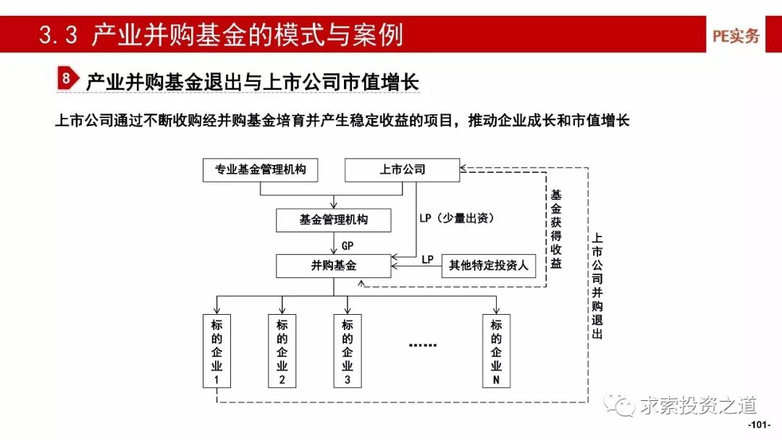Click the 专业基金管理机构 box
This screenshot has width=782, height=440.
coord(260,171)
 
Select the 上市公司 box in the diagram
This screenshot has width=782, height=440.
coord(402,171)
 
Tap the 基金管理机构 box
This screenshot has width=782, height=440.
coord(334,220)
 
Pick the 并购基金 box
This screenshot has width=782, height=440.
coord(334,266)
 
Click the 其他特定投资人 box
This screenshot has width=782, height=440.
coord(488,266)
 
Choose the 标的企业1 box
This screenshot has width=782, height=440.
coord(216,352)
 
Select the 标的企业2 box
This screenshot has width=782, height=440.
coord(282,352)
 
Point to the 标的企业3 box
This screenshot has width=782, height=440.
coord(348,352)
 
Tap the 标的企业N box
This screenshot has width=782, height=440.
coord(496,352)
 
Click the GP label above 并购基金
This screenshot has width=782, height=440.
coord(348,245)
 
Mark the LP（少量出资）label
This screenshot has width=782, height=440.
coord(457,218)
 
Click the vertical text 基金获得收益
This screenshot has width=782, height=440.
coord(556,229)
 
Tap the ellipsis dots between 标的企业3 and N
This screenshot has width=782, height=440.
coord(423,345)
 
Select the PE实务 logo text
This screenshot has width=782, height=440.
coord(736,35)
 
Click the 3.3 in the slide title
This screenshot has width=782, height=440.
coord(58,35)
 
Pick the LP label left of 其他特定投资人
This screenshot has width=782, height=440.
coord(427,259)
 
